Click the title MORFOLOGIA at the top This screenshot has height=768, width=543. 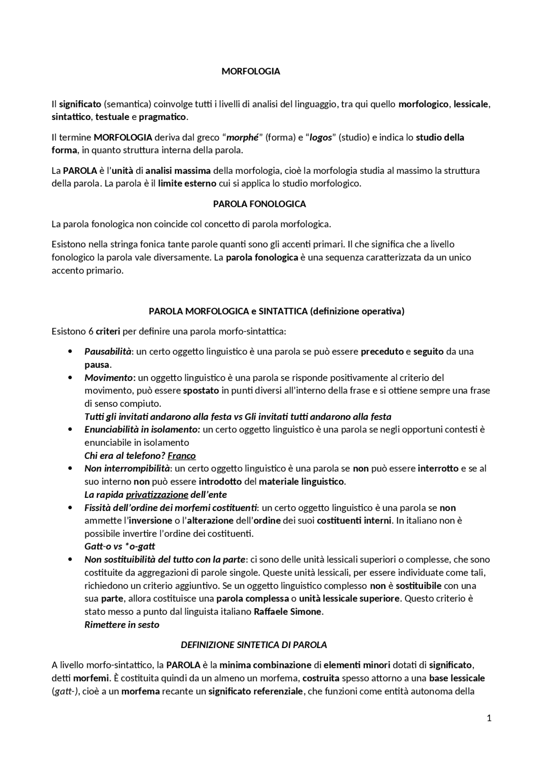pos(251,71)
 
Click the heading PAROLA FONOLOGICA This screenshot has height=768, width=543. pos(259,204)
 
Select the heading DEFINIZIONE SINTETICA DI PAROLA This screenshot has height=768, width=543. pos(254,645)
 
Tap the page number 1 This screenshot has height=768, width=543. pos(489,718)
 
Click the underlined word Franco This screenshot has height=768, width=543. pos(182,455)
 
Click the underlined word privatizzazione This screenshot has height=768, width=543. pos(157,494)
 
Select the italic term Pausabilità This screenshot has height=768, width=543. pos(108,351)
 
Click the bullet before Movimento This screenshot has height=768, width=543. pos(70,377)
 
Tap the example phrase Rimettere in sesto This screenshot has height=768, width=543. pos(122,625)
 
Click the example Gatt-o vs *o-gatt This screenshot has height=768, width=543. pos(120,546)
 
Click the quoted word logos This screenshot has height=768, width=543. pos(320,137)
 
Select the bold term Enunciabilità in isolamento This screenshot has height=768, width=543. pos(142,429)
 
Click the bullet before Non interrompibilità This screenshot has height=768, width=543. pos(70,469)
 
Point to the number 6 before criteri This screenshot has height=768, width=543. pos(91,331)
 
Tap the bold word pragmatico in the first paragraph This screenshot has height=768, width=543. pos(162,117)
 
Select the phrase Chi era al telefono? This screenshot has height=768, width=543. pos(125,455)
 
